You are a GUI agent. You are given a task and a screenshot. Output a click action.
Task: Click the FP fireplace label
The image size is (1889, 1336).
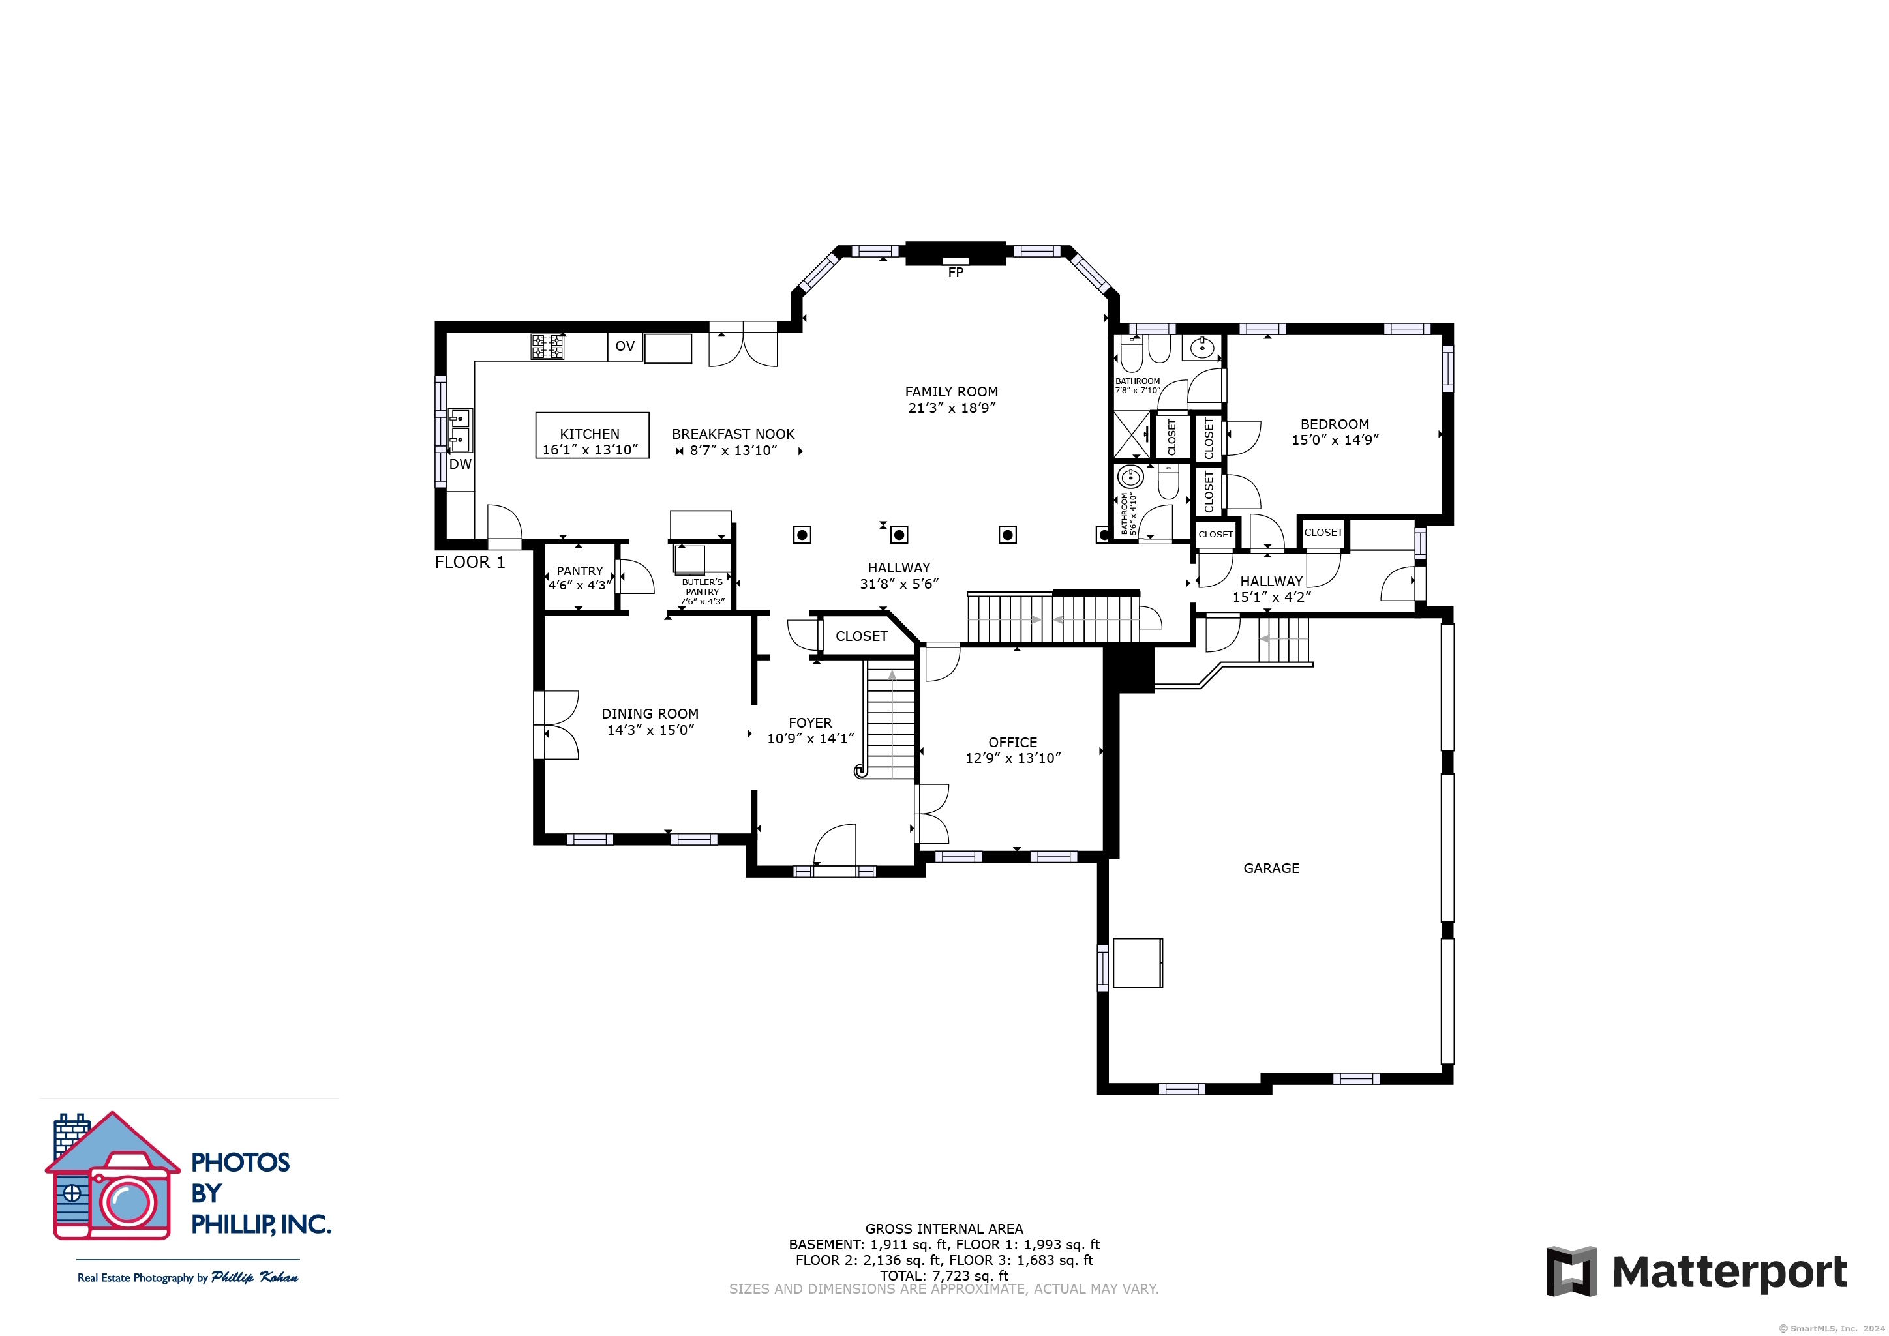click(955, 273)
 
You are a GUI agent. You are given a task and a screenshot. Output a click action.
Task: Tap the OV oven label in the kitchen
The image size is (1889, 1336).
click(626, 346)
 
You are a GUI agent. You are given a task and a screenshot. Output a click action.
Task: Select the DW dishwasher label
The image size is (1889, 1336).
click(461, 464)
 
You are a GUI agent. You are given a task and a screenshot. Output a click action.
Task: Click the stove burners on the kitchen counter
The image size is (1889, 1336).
click(547, 346)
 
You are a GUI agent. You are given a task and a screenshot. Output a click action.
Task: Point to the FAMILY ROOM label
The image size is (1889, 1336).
click(952, 392)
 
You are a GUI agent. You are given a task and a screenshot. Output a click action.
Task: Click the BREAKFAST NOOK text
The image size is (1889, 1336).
click(733, 434)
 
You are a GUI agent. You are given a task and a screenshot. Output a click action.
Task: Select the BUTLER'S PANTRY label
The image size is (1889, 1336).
click(702, 587)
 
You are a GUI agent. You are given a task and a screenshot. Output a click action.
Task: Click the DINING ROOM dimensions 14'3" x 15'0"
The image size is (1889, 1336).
click(651, 730)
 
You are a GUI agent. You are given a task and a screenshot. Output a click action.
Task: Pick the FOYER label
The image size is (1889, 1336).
click(810, 722)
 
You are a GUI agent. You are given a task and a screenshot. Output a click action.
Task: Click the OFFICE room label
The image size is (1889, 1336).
click(1013, 742)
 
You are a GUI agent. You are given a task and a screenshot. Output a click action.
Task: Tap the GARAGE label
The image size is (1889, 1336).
click(1271, 868)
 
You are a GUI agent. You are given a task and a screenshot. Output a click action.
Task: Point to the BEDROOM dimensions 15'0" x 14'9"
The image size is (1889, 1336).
click(1335, 440)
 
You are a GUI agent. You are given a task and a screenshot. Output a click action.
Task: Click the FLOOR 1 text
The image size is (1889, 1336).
click(470, 562)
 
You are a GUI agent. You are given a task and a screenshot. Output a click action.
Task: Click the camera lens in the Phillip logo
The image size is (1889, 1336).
click(128, 1204)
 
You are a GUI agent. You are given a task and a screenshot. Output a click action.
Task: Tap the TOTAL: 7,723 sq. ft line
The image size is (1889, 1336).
click(944, 1276)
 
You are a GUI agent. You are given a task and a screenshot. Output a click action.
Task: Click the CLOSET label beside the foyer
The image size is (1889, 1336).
click(862, 636)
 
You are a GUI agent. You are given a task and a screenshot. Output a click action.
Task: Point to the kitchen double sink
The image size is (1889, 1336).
click(459, 430)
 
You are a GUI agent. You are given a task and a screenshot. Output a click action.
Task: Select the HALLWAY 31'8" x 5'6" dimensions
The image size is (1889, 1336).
click(899, 584)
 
